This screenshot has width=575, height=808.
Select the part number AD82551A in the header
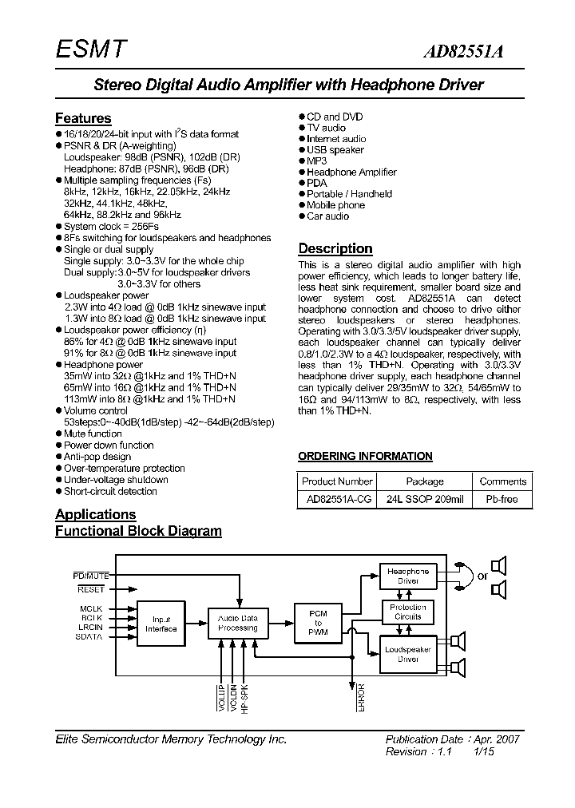point(469,52)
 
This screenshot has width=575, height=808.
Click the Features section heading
point(83,118)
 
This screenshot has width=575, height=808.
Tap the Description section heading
point(335,248)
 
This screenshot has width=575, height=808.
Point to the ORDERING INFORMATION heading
point(365,456)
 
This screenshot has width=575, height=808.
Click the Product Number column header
point(337,481)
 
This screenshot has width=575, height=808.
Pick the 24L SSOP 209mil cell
point(425,499)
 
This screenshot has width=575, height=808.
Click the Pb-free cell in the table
point(502,499)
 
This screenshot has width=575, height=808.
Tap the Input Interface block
point(162,624)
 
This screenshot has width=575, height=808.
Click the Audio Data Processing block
point(238,623)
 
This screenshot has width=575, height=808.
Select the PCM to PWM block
point(318,623)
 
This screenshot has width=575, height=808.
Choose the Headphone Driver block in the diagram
point(407,576)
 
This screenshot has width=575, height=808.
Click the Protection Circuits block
point(407,612)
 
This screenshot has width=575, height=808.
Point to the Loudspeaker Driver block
point(407,654)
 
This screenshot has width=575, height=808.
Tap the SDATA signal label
point(89,636)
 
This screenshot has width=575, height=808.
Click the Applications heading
point(95,514)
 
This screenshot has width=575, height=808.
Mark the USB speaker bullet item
point(335,150)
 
